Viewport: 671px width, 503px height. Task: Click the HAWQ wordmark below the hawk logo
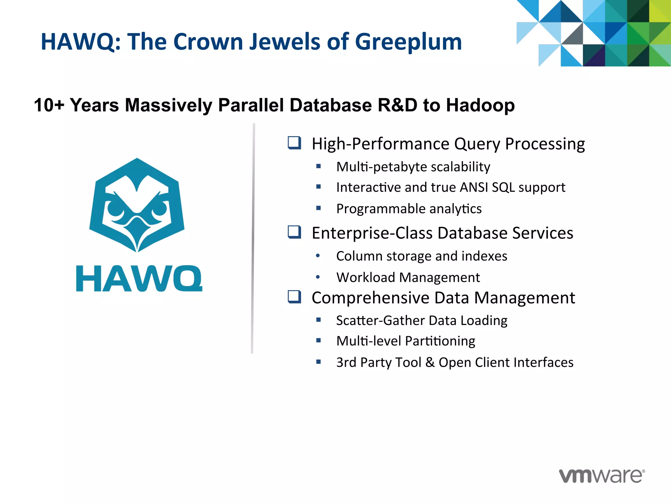tap(139, 279)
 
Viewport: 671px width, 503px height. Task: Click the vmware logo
tap(602, 475)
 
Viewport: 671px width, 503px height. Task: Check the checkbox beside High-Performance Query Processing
tap(294, 143)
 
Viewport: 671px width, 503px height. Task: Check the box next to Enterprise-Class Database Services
tap(294, 232)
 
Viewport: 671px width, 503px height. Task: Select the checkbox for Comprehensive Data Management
tap(294, 297)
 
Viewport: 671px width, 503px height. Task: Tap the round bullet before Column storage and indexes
tap(318, 256)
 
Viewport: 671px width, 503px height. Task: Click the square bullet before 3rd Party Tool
tap(318, 362)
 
